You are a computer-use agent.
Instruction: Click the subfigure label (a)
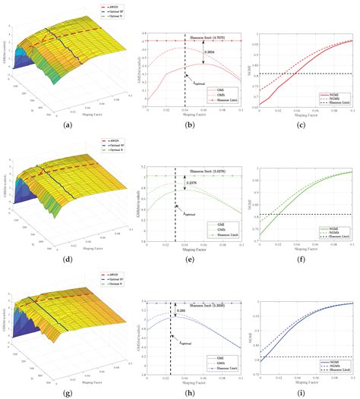click(69, 124)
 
